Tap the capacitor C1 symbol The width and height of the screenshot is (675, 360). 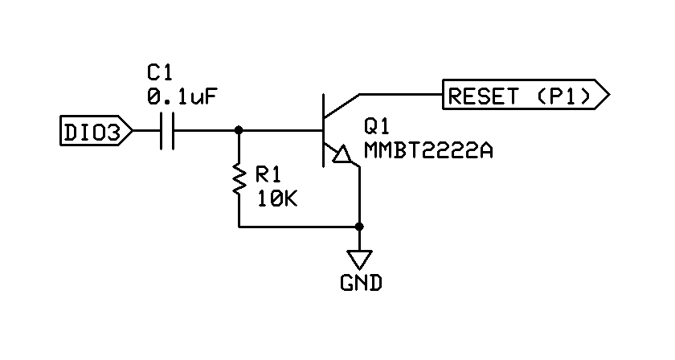168,130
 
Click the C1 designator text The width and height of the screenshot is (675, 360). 159,75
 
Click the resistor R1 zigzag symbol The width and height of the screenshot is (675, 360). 239,180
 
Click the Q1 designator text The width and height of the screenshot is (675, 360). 377,126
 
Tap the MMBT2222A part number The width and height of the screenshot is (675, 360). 427,149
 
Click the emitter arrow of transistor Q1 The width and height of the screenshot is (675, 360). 342,154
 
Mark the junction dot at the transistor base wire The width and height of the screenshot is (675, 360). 239,130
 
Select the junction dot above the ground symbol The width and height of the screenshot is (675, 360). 359,226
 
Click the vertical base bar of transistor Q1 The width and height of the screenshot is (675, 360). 323,130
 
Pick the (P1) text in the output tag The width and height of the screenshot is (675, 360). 559,96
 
